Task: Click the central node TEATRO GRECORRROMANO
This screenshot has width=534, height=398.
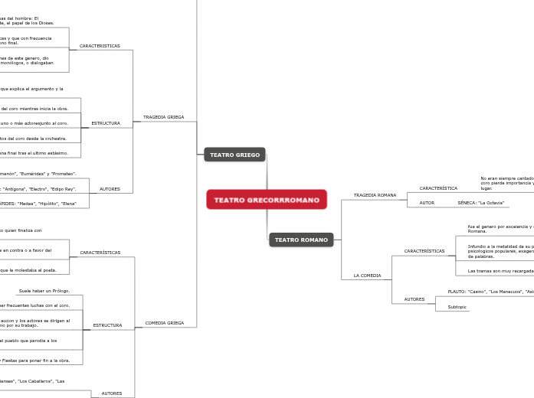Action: point(267,200)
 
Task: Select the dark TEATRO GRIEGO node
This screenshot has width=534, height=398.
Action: point(234,155)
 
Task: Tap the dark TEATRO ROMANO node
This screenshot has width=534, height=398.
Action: point(301,240)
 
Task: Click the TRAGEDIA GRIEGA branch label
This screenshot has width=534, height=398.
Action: point(163,117)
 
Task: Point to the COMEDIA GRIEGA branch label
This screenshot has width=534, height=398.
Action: point(164,323)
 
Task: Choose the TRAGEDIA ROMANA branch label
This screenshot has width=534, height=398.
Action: point(375,195)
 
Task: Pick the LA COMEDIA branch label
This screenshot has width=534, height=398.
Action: point(367,275)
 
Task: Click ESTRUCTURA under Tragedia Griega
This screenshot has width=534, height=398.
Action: point(106,123)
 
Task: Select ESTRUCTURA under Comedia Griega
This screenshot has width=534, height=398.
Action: point(107,325)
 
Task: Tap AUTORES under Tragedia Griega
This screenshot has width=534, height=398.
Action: point(110,188)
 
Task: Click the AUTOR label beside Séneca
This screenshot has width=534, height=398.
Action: point(427,203)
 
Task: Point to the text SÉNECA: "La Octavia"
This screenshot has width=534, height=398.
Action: point(480,203)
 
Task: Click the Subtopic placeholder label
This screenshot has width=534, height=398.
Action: point(457,307)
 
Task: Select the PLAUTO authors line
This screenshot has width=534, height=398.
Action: point(490,292)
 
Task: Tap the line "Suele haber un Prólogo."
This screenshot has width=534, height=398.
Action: point(44,291)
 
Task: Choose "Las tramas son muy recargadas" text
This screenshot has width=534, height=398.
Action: point(500,270)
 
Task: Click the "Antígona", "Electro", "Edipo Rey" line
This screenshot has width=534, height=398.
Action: point(38,188)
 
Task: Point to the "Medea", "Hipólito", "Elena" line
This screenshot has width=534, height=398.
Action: point(38,204)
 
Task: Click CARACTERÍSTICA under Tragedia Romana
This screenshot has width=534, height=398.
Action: point(438,188)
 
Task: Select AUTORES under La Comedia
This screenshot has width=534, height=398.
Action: point(414,299)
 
